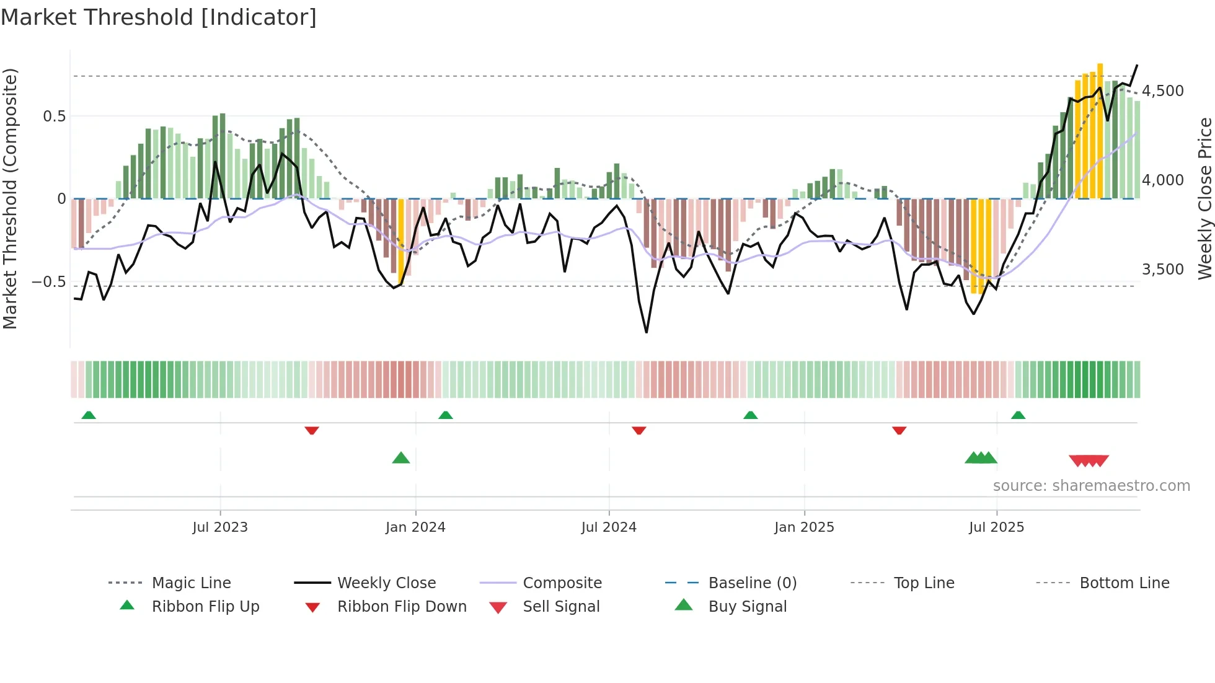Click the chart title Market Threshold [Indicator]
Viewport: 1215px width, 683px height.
[159, 17]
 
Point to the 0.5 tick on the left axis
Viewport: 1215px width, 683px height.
[54, 117]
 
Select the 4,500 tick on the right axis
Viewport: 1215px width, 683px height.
[1163, 91]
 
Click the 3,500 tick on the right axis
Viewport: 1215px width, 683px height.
[1163, 270]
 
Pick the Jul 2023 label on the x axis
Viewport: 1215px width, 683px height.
[220, 527]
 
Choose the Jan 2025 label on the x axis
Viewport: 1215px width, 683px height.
[804, 527]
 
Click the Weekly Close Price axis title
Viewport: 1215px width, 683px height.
[1204, 198]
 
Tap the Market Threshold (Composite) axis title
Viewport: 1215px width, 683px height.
[10, 198]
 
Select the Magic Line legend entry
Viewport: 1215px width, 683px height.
[191, 583]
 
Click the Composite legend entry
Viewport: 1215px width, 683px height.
[562, 583]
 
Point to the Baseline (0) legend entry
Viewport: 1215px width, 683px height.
[752, 583]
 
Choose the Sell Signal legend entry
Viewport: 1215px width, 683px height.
[561, 607]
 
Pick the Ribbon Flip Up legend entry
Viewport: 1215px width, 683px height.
[205, 607]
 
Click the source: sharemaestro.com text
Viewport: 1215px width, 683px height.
[1091, 486]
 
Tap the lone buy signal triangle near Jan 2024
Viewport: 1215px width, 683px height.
[401, 459]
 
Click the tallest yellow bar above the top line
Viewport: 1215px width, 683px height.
[1100, 130]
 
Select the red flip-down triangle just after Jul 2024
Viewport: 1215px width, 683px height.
[639, 430]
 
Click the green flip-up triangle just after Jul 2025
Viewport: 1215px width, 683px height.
[1018, 415]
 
